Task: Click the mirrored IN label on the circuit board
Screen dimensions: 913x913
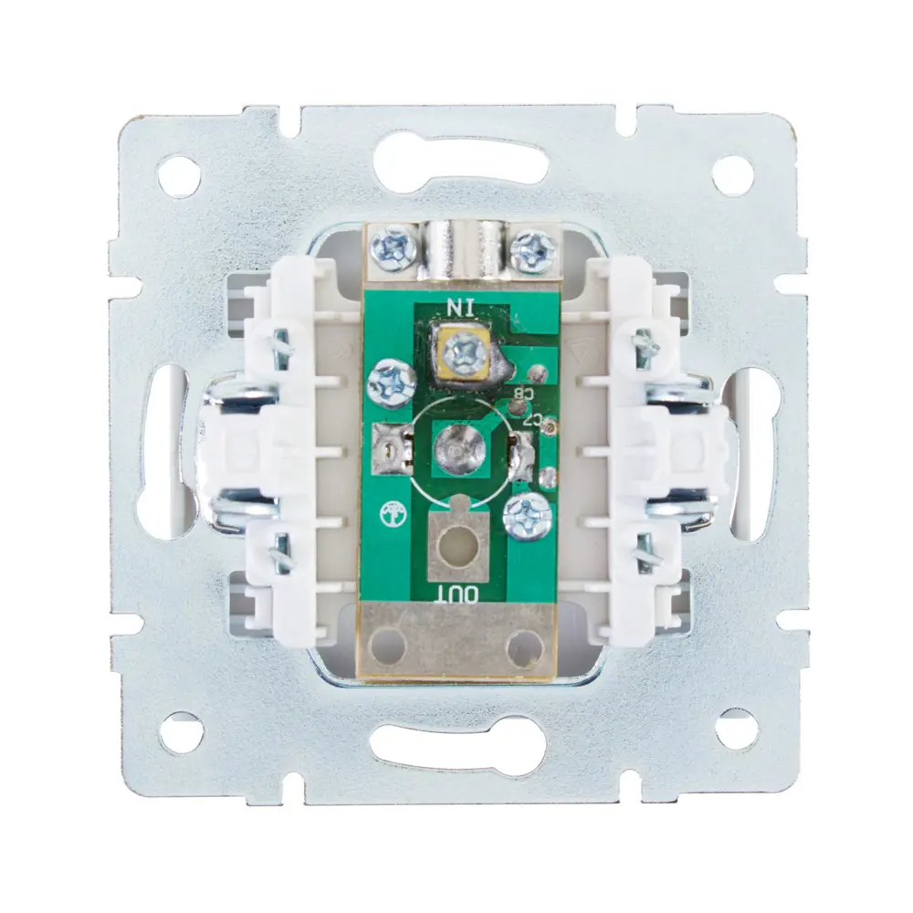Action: tap(460, 307)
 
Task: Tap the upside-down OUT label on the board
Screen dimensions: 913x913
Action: tap(459, 594)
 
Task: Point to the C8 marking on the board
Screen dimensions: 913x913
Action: tap(521, 394)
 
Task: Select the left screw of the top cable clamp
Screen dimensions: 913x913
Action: tap(390, 249)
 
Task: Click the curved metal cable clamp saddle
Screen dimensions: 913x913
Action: tap(457, 250)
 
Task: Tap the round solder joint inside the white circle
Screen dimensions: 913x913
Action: tap(459, 448)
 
